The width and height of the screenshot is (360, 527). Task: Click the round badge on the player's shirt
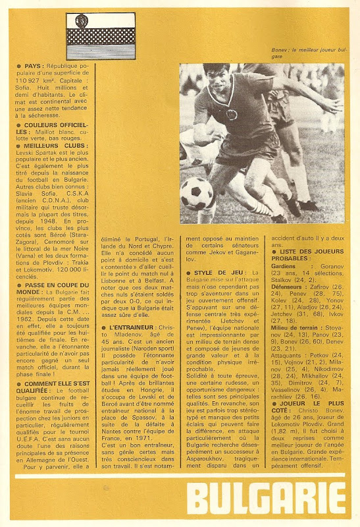click(x=232, y=115)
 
